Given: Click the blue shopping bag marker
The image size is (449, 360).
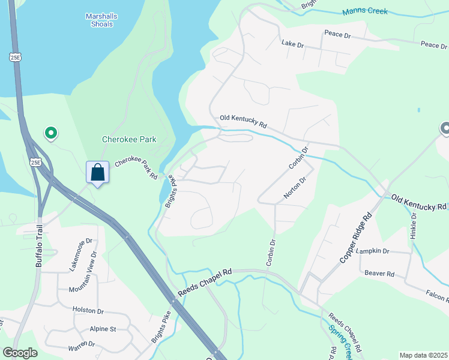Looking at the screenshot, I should [97, 173].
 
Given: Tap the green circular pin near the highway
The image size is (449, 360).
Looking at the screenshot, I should [51, 133].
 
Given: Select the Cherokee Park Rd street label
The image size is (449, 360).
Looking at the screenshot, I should [136, 167].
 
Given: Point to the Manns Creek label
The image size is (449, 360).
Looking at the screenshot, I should [365, 11].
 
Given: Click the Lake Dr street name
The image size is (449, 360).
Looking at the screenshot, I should [294, 44].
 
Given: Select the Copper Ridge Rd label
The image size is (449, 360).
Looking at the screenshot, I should [356, 237].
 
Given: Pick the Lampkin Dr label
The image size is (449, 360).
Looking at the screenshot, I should [372, 251].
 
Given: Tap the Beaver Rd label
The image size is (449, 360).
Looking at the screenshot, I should [379, 274].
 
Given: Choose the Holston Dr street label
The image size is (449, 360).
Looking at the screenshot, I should [88, 311].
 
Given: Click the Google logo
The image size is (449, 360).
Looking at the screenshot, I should [20, 352].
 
